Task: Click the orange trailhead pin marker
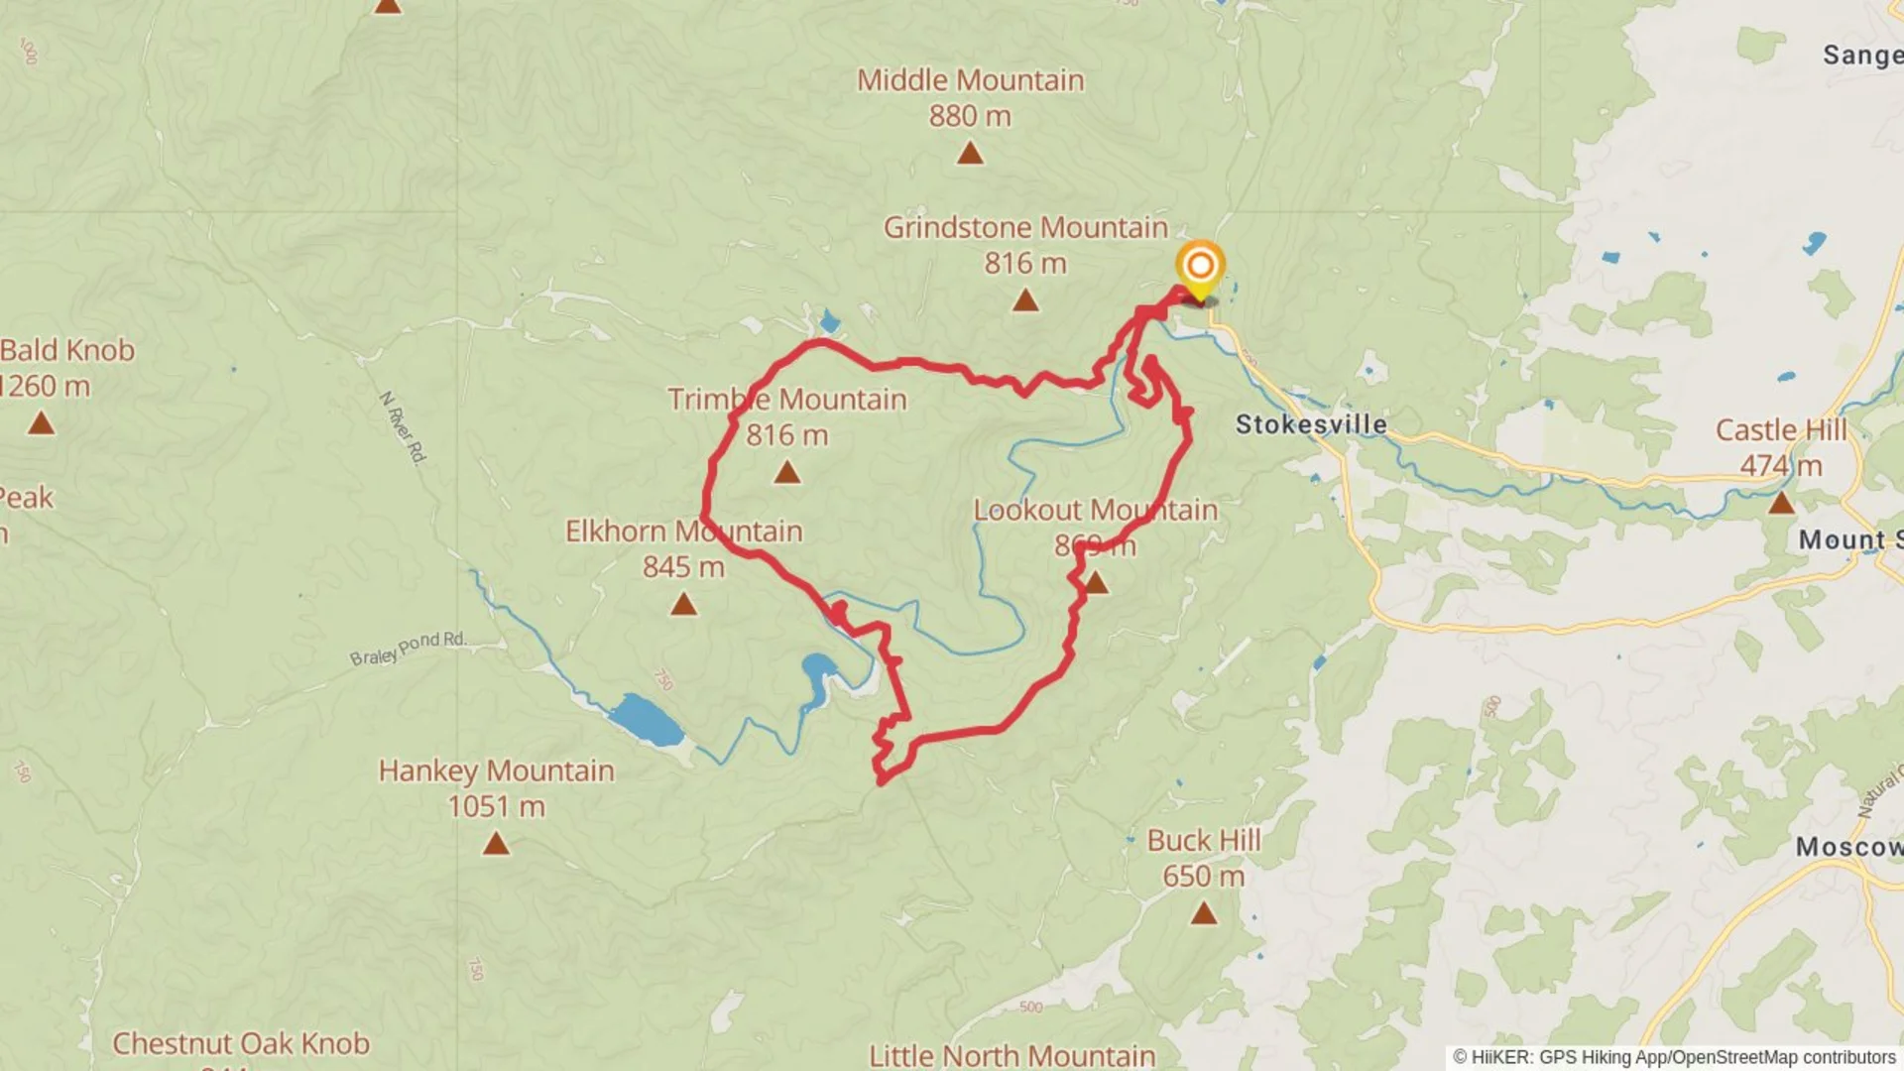(1200, 267)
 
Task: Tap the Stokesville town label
(1311, 424)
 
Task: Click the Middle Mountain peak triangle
(970, 153)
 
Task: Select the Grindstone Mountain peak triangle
(1025, 299)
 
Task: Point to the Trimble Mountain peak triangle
(786, 472)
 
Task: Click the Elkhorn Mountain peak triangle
(683, 603)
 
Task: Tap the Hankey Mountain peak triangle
(496, 844)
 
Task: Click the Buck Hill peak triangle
(1203, 912)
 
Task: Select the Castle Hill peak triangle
(1781, 503)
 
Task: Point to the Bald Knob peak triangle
(41, 423)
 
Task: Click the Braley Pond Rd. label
(408, 648)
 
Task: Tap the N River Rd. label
(403, 426)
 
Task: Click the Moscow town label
(1847, 847)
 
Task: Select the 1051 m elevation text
(496, 806)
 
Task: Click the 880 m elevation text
(970, 116)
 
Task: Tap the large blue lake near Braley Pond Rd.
(646, 720)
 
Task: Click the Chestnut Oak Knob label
(241, 1043)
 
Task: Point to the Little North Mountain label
(1011, 1055)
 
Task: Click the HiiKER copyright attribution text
(1674, 1057)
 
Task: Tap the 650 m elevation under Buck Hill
(1203, 876)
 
